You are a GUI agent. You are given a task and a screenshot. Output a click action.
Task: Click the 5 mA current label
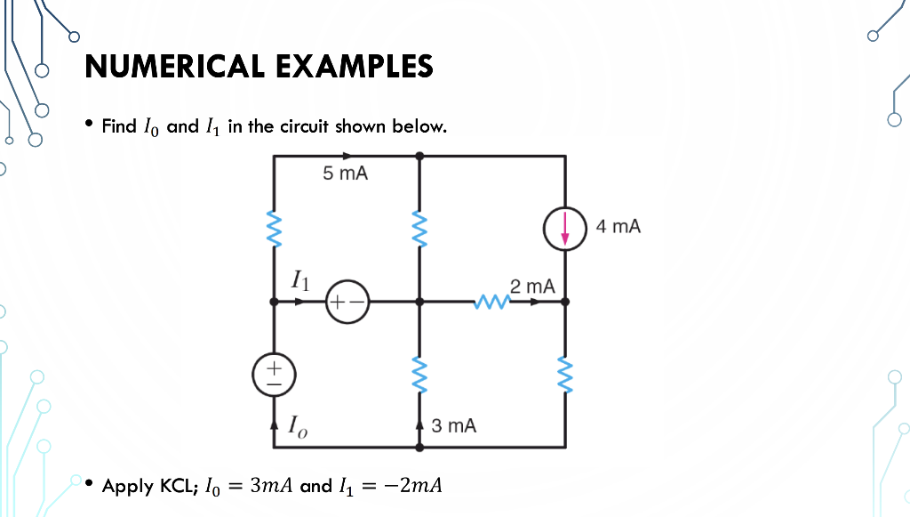[345, 174]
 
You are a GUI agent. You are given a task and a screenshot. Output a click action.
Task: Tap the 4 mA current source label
[619, 227]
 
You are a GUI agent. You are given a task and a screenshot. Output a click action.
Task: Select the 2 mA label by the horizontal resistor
[533, 287]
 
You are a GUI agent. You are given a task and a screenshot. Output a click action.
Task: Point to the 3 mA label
[453, 426]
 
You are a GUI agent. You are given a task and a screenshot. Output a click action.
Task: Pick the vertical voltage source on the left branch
[275, 372]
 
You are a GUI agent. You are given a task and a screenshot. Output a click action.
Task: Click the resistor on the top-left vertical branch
[275, 228]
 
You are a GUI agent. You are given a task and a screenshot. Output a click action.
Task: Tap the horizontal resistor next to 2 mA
[491, 303]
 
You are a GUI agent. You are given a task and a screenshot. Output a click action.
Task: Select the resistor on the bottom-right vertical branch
[565, 374]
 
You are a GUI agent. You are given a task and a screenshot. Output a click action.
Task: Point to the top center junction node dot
[419, 156]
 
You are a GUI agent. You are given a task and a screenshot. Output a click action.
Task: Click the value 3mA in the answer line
[272, 486]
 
